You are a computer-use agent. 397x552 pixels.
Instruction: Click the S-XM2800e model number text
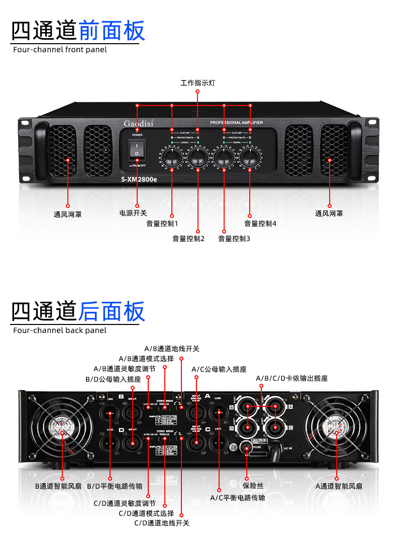click(139, 180)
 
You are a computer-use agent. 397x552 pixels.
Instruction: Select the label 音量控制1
click(162, 224)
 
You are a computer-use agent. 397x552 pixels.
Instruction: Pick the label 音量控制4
click(260, 224)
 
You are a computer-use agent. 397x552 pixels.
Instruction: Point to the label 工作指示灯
click(197, 83)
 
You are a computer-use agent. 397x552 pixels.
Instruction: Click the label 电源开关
click(133, 213)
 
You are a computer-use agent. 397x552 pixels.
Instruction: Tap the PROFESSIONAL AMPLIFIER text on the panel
click(236, 123)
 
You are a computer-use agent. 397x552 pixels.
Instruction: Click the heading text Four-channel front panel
click(60, 50)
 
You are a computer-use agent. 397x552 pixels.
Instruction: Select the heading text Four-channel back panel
click(60, 330)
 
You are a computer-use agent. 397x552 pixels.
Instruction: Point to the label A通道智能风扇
click(339, 486)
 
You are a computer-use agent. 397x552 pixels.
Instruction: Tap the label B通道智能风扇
click(58, 486)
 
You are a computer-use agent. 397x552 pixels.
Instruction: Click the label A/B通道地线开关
click(172, 349)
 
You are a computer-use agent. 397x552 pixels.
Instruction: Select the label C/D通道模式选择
click(146, 513)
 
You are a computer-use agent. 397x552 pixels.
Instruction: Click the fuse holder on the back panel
click(247, 447)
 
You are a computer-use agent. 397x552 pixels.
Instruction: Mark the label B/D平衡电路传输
click(115, 486)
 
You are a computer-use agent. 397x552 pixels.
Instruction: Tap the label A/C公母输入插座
click(219, 369)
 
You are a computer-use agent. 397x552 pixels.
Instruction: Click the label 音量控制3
click(234, 239)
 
